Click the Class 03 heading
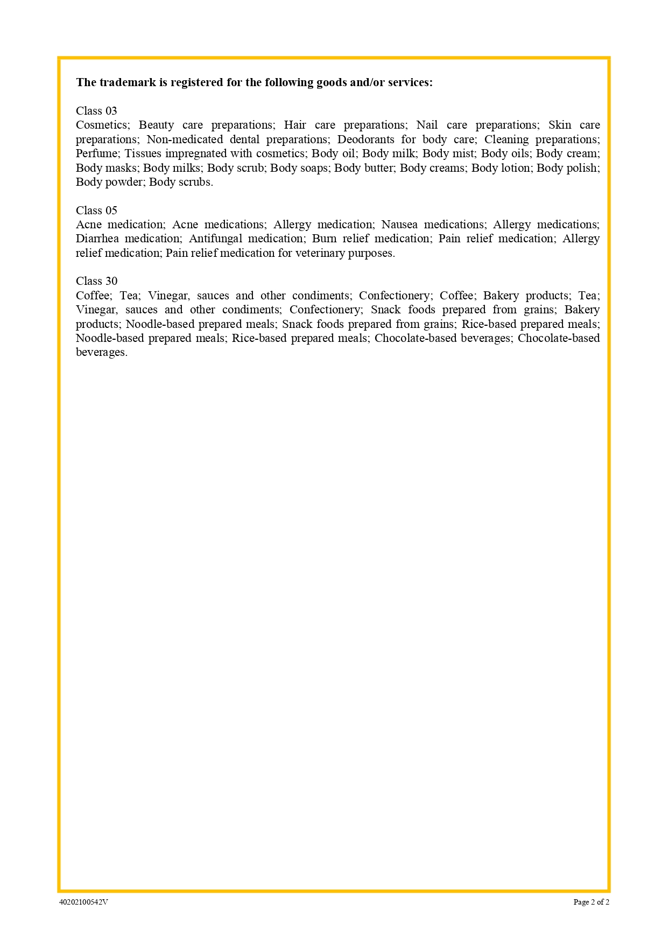[x=96, y=111]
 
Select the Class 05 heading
[x=96, y=211]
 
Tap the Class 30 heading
[x=96, y=281]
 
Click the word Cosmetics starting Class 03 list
[x=103, y=125]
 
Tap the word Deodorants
[x=365, y=139]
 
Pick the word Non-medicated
[x=185, y=139]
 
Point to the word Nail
[x=427, y=125]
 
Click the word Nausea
[x=399, y=225]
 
